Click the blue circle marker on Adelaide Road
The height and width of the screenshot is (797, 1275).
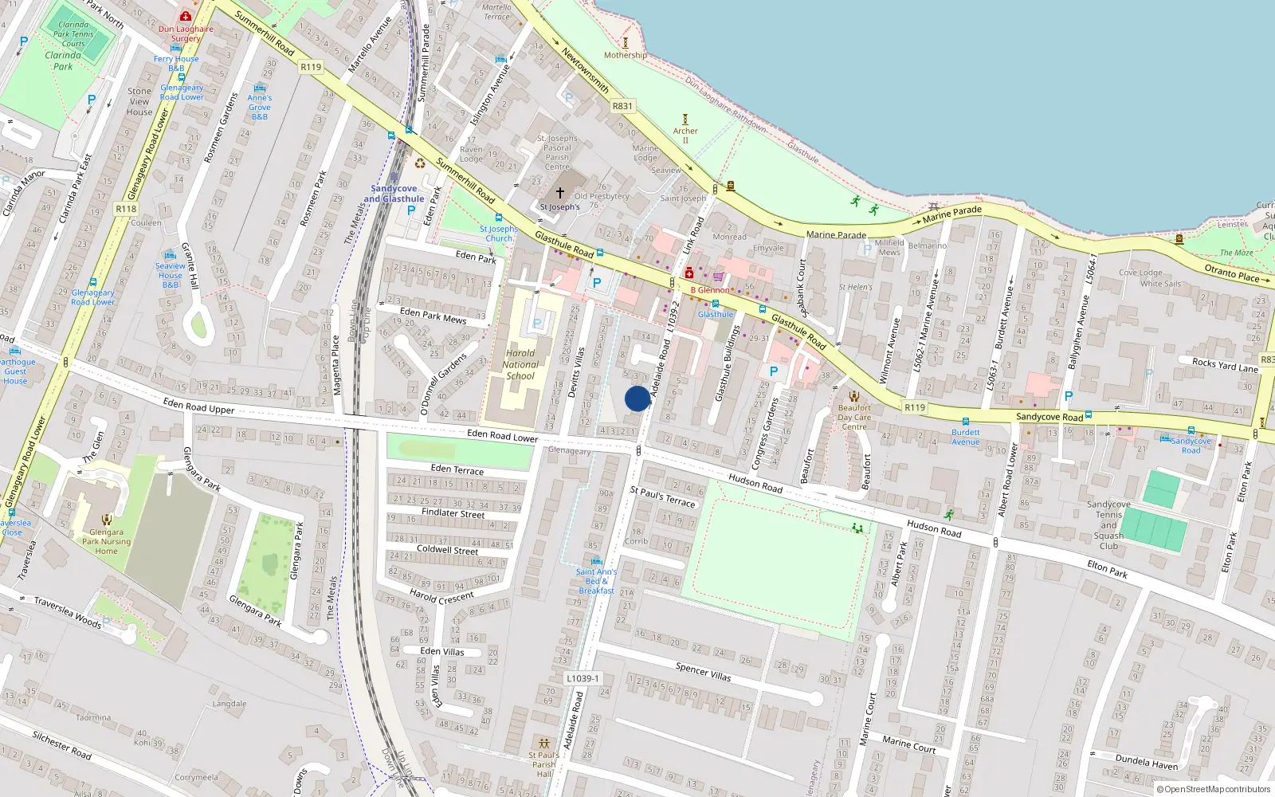coord(637,398)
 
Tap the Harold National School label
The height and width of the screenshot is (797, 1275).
coord(520,364)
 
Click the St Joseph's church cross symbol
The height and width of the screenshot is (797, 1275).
coord(560,193)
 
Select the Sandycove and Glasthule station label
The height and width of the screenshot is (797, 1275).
coord(394,194)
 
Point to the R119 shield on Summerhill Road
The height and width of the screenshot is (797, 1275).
coord(311,67)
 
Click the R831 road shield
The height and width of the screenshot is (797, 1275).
coord(622,106)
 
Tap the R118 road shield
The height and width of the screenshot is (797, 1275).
coord(126,209)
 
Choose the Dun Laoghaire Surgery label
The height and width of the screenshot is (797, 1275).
coord(186,33)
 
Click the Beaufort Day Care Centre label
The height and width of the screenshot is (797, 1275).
coord(854,417)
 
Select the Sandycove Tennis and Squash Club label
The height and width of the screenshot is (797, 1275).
coord(1108,525)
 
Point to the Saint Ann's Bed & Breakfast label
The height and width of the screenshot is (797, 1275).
coord(596,581)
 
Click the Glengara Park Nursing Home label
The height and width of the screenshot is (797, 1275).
coord(106,541)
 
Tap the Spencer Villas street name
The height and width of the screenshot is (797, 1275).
coord(703,672)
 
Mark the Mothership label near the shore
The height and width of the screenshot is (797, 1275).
coord(626,55)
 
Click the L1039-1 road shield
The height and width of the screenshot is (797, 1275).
coord(583,678)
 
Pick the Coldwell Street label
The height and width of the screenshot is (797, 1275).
coord(447,550)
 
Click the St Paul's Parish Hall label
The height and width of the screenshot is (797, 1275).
coord(543,764)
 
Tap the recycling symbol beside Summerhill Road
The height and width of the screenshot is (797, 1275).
coord(420,163)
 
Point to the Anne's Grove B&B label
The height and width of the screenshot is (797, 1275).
coord(259,107)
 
